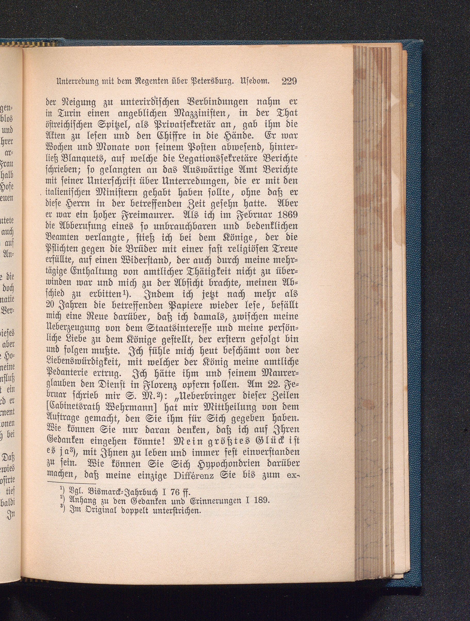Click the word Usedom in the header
point(255,82)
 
